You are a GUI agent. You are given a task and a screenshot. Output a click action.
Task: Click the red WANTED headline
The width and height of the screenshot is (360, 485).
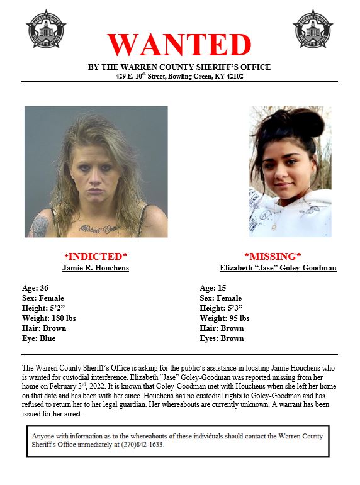179,44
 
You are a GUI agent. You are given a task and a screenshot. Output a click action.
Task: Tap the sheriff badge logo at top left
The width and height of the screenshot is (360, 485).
46,28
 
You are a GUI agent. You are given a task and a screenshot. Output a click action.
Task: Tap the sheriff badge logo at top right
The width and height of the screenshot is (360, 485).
313,28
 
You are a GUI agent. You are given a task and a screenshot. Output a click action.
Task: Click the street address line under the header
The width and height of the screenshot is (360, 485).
179,76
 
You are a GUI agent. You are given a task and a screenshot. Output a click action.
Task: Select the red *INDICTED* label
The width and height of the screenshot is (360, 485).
96,256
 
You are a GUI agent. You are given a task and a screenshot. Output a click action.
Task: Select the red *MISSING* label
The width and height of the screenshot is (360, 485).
272,256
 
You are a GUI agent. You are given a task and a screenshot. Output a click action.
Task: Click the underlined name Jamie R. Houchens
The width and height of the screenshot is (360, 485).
96,268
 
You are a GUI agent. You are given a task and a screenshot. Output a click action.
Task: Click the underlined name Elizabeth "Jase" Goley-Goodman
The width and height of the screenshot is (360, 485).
278,268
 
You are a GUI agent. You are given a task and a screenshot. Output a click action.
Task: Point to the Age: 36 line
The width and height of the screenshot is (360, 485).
36,287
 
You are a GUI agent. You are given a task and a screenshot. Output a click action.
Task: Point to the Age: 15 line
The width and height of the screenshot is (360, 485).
213,287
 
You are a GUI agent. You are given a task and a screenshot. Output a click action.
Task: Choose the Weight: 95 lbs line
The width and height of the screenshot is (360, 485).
225,318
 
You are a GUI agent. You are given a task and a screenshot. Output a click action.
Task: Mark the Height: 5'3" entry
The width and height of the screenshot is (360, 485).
220,308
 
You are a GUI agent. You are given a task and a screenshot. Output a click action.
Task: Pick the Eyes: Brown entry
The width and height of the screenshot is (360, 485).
222,338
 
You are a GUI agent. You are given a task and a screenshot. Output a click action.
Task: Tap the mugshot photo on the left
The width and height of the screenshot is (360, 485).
96,171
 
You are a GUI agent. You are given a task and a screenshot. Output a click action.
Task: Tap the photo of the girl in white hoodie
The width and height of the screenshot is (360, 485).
290,171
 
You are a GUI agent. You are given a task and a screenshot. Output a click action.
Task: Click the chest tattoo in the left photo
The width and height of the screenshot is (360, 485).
99,226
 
